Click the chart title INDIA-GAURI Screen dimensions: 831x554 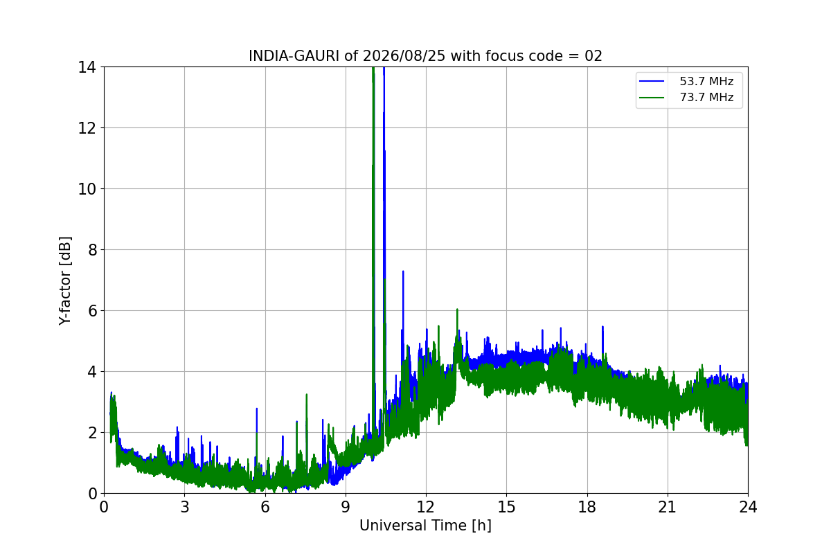(x=294, y=56)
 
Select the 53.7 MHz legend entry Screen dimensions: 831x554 (x=686, y=81)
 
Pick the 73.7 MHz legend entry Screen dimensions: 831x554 (x=686, y=97)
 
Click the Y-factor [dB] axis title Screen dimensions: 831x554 (x=65, y=280)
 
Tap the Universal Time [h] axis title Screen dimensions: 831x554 (x=425, y=526)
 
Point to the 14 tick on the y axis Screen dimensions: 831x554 (x=87, y=68)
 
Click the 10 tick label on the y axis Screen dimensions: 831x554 (x=87, y=189)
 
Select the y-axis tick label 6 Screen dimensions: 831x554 (x=92, y=311)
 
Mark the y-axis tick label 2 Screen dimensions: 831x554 (x=92, y=433)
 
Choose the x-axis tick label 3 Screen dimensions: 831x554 (x=185, y=507)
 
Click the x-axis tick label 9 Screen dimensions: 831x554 (x=346, y=507)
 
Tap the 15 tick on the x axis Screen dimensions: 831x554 (x=507, y=507)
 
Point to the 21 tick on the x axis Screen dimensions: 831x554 (x=668, y=507)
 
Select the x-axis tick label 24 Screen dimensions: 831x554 (x=749, y=507)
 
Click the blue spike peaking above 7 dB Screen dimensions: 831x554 (x=403, y=271)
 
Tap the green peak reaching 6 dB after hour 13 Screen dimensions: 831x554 (x=458, y=309)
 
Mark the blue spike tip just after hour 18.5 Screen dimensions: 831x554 (x=603, y=327)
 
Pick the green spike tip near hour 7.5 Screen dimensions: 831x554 (x=306, y=394)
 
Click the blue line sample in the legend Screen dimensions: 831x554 (x=652, y=81)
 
